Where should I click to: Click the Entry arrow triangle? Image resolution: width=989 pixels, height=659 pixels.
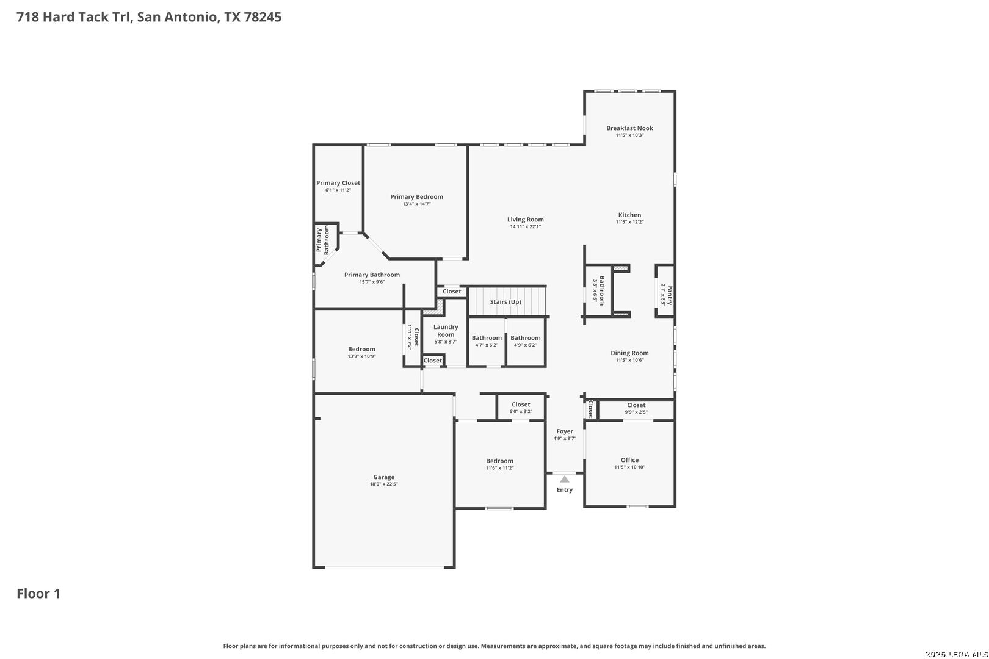click(565, 479)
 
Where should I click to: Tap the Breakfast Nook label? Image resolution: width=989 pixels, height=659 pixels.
click(629, 128)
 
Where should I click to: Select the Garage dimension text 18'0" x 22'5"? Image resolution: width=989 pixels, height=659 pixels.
click(383, 484)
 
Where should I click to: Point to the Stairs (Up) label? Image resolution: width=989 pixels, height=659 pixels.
click(505, 302)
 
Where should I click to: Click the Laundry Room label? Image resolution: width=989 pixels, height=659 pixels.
click(446, 331)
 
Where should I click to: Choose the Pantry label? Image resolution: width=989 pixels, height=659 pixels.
click(669, 295)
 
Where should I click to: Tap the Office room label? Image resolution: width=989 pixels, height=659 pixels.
click(629, 460)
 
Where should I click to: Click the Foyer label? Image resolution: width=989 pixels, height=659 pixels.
click(565, 431)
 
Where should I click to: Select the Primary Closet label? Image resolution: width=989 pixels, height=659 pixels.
click(338, 182)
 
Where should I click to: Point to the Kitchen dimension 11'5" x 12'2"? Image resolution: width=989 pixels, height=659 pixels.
click(629, 222)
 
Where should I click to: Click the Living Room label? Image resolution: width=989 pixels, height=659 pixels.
click(526, 220)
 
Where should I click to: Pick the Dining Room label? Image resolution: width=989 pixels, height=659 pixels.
click(629, 353)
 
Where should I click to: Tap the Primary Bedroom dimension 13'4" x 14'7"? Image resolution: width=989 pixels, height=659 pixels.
click(416, 204)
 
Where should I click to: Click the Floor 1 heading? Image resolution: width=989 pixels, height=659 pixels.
click(38, 594)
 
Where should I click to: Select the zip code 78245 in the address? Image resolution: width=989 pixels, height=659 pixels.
click(263, 16)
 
